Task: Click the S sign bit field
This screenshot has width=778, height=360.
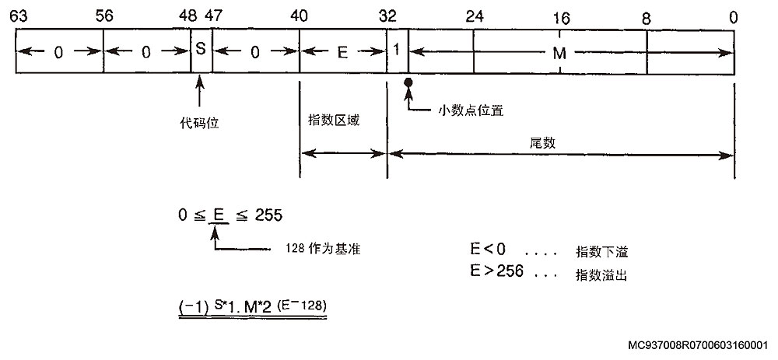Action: coord(201,51)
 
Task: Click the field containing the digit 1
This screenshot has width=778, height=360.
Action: coord(397,51)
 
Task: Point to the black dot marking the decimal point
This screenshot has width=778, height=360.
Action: coord(406,81)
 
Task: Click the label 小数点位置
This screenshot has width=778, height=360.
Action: coord(471,110)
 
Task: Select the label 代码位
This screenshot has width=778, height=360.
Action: coord(200,122)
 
